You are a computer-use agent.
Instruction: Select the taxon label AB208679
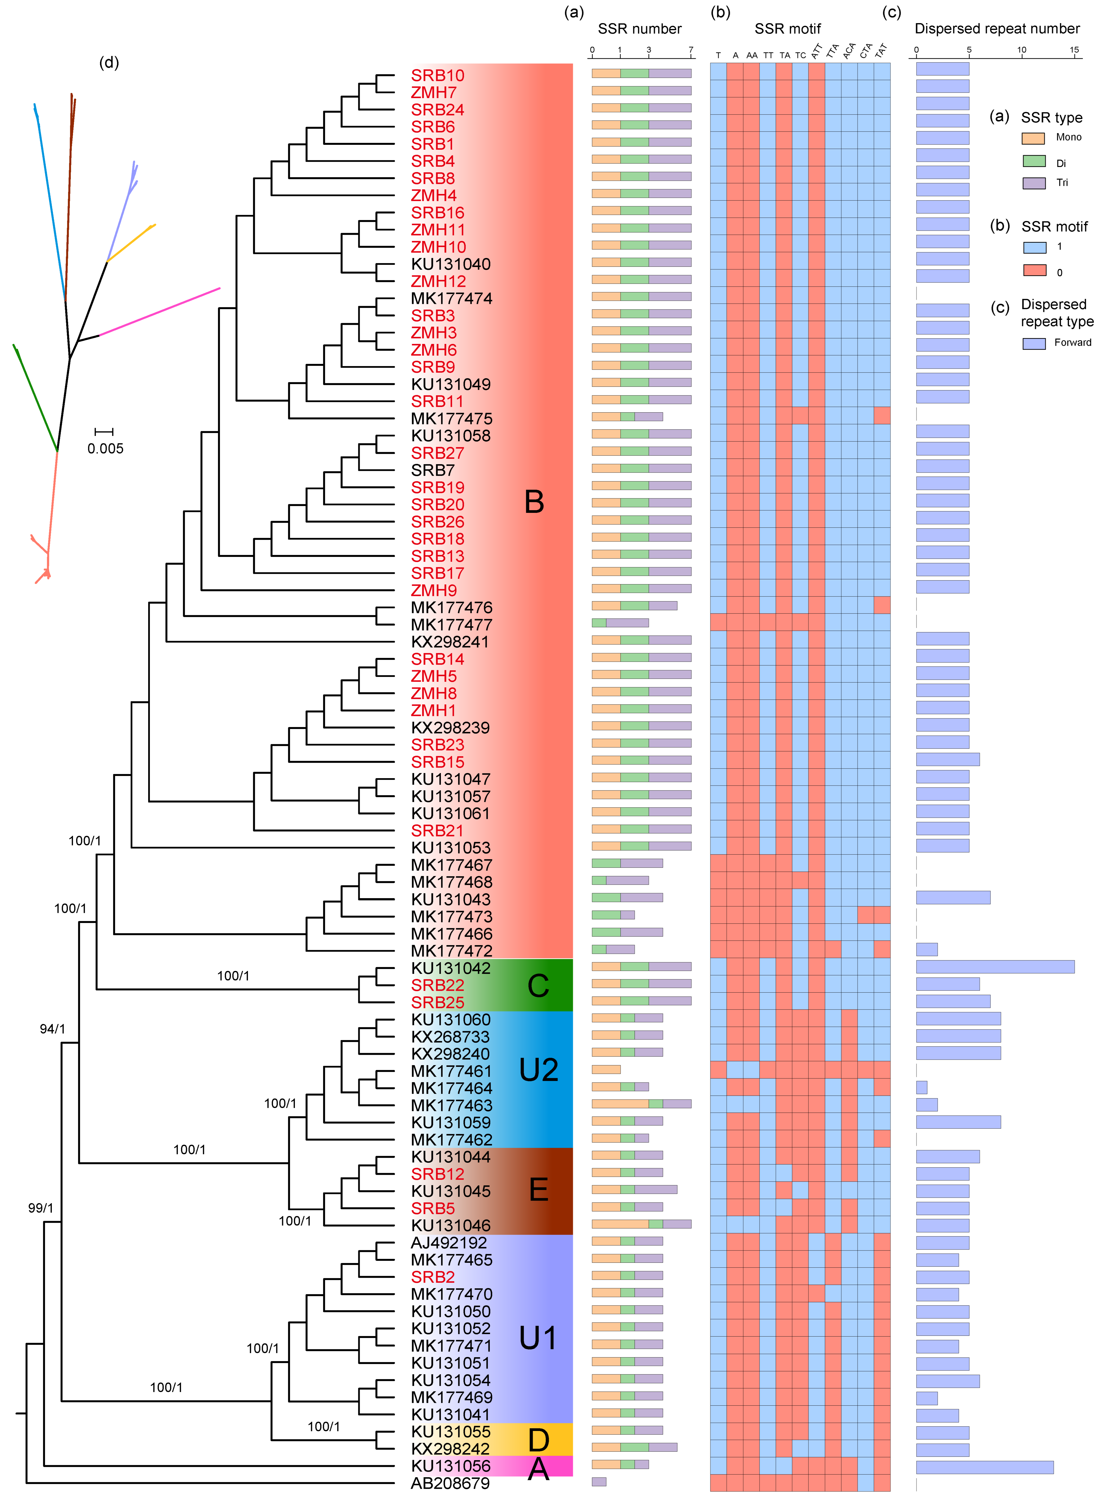450,1483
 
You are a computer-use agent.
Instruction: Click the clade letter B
534,502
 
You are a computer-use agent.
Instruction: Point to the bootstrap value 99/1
40,1208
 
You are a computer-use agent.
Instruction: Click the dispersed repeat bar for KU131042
995,967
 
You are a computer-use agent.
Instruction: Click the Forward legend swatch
1034,343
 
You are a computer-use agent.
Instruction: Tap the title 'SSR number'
639,29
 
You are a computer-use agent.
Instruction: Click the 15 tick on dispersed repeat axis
1074,50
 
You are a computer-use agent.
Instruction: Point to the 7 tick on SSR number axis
691,50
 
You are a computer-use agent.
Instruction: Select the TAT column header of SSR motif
881,51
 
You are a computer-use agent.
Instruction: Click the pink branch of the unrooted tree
161,312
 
